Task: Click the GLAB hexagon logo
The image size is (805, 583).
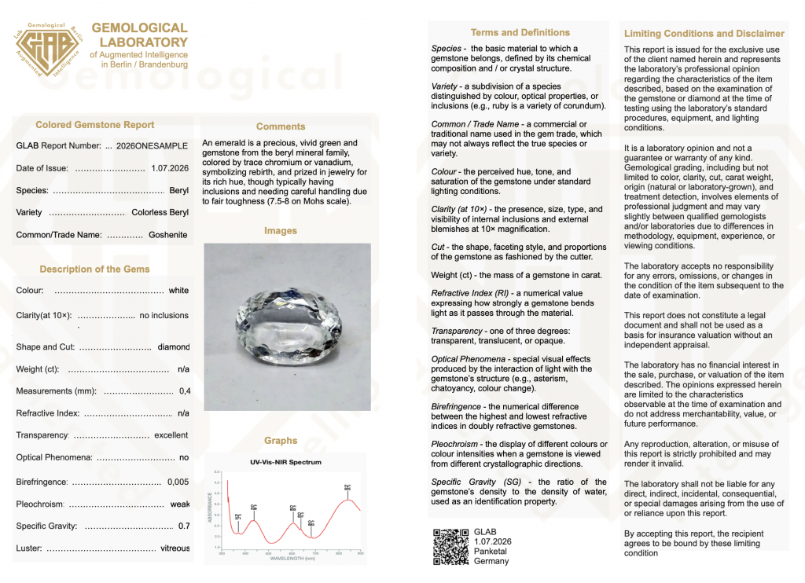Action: point(48,49)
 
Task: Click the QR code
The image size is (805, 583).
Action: point(451,547)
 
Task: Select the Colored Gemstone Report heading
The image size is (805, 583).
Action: point(95,125)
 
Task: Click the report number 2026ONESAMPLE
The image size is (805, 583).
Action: point(152,146)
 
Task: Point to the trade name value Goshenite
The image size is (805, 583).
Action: point(168,235)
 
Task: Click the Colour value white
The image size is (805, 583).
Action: point(178,291)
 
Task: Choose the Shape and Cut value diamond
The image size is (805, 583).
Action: point(174,347)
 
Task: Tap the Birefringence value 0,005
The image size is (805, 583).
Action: point(178,482)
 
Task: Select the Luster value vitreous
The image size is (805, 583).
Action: point(175,548)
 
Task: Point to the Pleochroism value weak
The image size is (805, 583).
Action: point(180,504)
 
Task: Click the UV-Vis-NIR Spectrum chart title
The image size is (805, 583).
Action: point(285,462)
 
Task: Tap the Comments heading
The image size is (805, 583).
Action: point(281,126)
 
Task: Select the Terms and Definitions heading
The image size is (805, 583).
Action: point(520,33)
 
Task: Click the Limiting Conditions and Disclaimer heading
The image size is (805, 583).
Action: point(704,34)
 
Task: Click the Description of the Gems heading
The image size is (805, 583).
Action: point(94,269)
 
